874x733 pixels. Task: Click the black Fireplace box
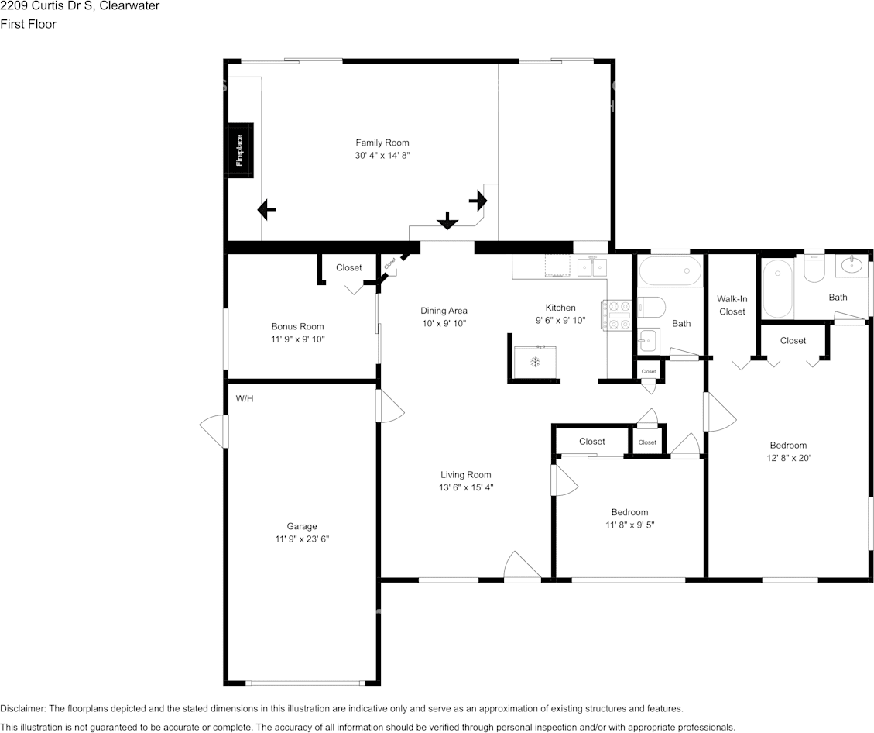point(241,150)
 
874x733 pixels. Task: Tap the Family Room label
point(382,143)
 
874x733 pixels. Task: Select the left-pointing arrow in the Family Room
point(266,210)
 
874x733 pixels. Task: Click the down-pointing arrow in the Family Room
point(447,220)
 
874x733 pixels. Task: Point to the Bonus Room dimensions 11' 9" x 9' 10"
point(297,339)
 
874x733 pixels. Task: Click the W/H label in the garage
point(245,399)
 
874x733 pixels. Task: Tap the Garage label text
point(302,526)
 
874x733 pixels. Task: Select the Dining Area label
point(444,311)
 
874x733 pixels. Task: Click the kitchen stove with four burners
point(616,315)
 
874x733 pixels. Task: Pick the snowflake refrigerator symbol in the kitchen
point(535,363)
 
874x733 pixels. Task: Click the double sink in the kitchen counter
point(592,268)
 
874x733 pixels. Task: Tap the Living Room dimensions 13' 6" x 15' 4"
point(466,487)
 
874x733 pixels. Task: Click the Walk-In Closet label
point(732,305)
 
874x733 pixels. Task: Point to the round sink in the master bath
point(852,266)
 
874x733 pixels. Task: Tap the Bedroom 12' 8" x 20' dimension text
point(788,458)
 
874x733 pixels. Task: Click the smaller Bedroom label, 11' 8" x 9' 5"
point(630,512)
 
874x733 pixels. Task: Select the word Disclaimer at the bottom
point(22,708)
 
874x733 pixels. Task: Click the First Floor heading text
point(28,24)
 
